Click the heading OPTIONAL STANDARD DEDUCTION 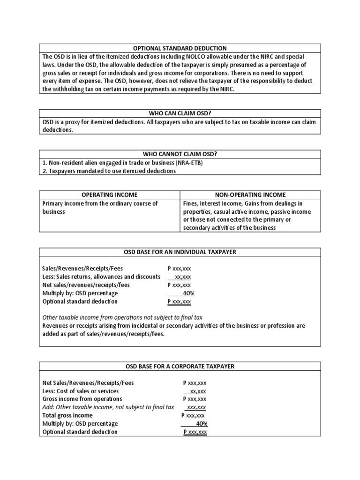pos(180,48)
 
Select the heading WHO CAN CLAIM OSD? pos(180,113)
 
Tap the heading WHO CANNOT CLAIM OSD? pos(180,154)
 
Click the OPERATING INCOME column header pos(110,195)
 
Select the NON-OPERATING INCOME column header pos(250,195)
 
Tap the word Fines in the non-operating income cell pos(191,203)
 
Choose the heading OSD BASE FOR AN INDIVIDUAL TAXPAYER pos(180,252)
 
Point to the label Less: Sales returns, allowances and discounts pos(101,277)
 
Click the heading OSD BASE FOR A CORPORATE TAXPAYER pos(180,367)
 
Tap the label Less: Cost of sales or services pos(81,391)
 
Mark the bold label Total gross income pos(67,415)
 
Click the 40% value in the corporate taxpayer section pos(201,423)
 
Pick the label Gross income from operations pos(82,399)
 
